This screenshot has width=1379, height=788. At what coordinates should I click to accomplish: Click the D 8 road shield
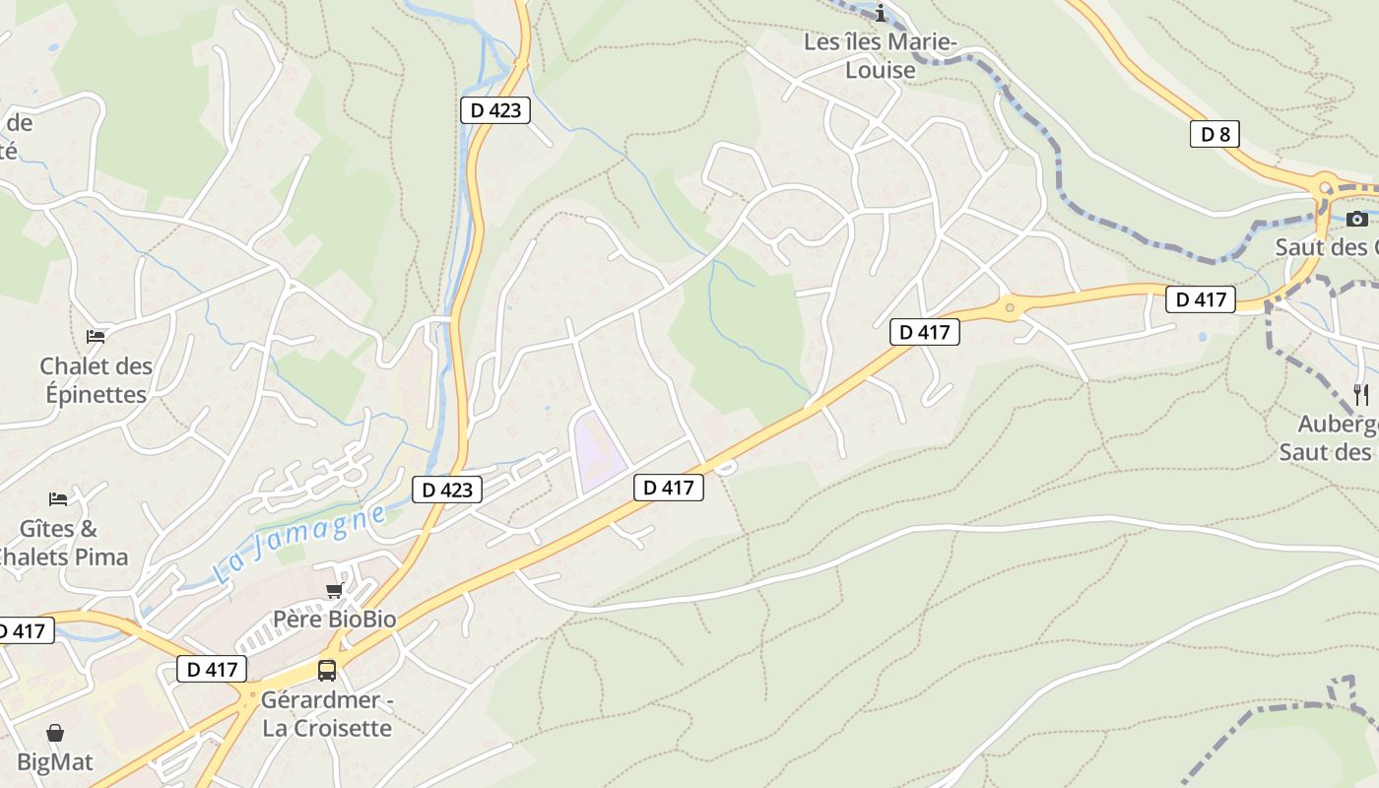pos(1215,134)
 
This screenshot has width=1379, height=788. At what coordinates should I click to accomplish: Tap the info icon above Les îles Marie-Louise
pos(881,13)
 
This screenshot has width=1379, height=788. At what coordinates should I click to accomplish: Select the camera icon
pos(1357,219)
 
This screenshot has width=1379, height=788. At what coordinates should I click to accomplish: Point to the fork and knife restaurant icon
pos(1361,395)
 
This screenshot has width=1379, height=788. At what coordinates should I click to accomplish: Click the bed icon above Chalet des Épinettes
pos(96,337)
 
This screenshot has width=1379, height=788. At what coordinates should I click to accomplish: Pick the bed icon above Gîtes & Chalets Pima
pos(58,499)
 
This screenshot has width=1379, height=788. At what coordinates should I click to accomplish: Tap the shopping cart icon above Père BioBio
pos(334,590)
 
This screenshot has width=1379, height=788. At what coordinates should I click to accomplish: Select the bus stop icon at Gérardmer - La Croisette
pos(327,671)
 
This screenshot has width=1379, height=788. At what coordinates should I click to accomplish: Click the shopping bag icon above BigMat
pos(55,734)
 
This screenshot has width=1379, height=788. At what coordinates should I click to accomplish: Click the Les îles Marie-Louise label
pos(880,56)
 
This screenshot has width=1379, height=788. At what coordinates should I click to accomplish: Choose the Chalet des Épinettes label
pos(96,380)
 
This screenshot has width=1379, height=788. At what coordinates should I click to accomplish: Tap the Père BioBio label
pos(334,620)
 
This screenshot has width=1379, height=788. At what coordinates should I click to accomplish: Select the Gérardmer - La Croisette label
pos(326,714)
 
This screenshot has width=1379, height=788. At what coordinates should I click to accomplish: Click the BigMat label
pos(55,762)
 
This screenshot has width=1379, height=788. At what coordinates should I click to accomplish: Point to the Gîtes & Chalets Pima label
pos(61,543)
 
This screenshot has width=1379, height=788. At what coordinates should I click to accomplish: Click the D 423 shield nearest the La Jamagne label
pos(447,490)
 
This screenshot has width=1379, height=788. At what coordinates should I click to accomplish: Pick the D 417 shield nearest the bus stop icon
pos(212,670)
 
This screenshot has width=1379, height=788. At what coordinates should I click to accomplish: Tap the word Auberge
pos(1338,425)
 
